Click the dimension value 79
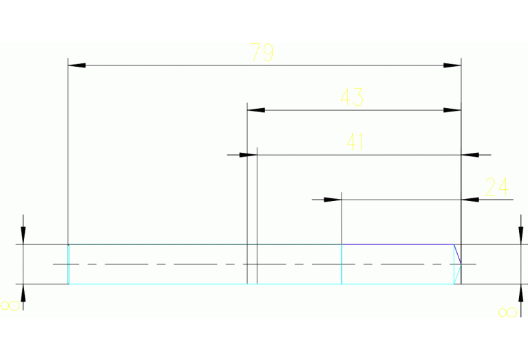click(x=262, y=53)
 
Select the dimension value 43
click(x=352, y=98)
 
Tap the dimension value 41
click(x=355, y=142)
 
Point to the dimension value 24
click(x=496, y=187)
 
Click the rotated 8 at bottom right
click(x=507, y=313)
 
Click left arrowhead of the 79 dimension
click(x=76, y=65)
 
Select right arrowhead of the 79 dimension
click(x=452, y=65)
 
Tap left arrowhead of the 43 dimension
click(x=255, y=110)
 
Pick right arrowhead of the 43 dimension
click(x=452, y=110)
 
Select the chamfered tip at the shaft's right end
click(x=457, y=264)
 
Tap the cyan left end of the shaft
click(x=68, y=264)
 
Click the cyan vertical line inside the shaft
click(x=341, y=264)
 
